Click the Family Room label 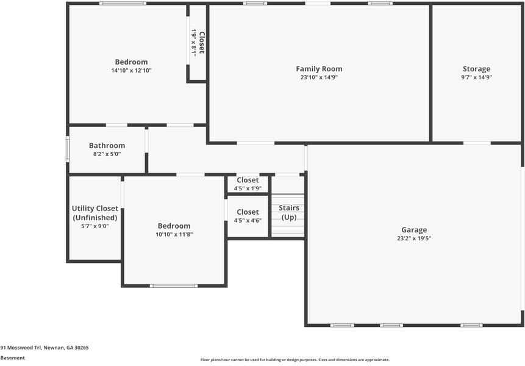click(319, 69)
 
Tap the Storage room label click(476, 69)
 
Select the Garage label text click(413, 230)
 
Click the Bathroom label click(107, 146)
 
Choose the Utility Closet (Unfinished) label click(95, 213)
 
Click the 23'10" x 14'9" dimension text click(319, 77)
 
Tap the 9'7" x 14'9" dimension click(476, 77)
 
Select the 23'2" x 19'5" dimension click(413, 239)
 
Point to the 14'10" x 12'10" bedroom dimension click(131, 71)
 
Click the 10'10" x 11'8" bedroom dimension click(174, 234)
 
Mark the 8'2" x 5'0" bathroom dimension click(107, 154)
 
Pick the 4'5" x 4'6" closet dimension click(248, 221)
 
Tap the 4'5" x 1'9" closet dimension click(248, 188)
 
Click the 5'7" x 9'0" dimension click(95, 226)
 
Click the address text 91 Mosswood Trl click(45, 347)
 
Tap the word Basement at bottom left click(13, 358)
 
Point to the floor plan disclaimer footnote click(295, 360)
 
